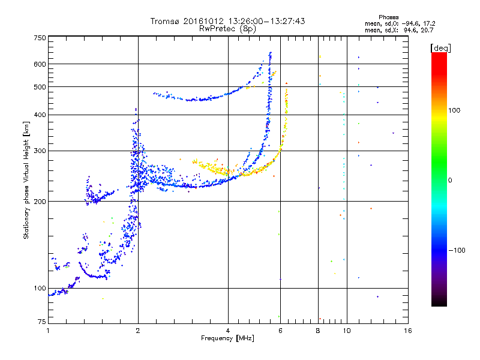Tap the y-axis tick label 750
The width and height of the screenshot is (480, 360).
pos(40,38)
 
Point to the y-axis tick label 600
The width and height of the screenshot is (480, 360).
pos(40,64)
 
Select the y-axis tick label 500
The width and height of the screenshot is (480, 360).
pos(40,87)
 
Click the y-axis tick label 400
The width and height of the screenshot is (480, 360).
pos(40,115)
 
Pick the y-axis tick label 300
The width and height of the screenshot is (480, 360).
pos(40,151)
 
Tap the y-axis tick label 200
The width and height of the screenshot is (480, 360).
pos(40,202)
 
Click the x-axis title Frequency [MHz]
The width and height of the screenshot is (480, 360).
pos(227,338)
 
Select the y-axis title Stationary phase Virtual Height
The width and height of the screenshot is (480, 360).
pos(26,180)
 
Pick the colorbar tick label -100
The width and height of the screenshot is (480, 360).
pos(458,250)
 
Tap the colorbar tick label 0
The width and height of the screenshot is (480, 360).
pos(451,180)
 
